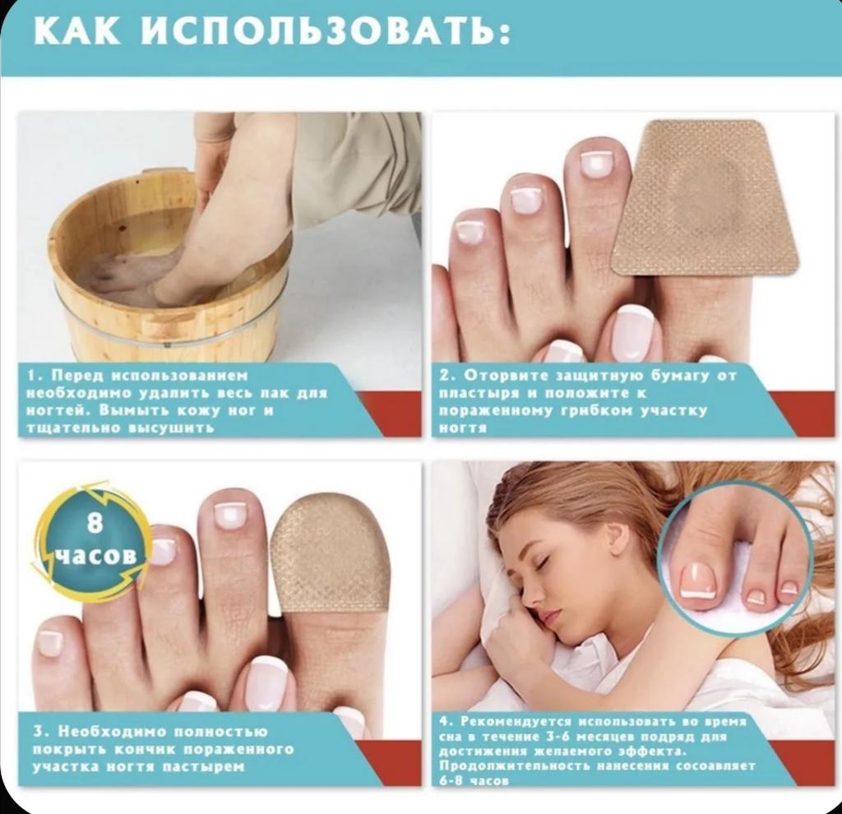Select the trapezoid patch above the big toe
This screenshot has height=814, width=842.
click(x=705, y=199)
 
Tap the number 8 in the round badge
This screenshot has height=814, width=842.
click(x=95, y=522)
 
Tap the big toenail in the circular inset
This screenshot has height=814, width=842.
click(x=699, y=580)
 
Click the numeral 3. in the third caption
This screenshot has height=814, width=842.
click(x=41, y=732)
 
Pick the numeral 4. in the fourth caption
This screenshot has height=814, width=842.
click(x=446, y=721)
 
